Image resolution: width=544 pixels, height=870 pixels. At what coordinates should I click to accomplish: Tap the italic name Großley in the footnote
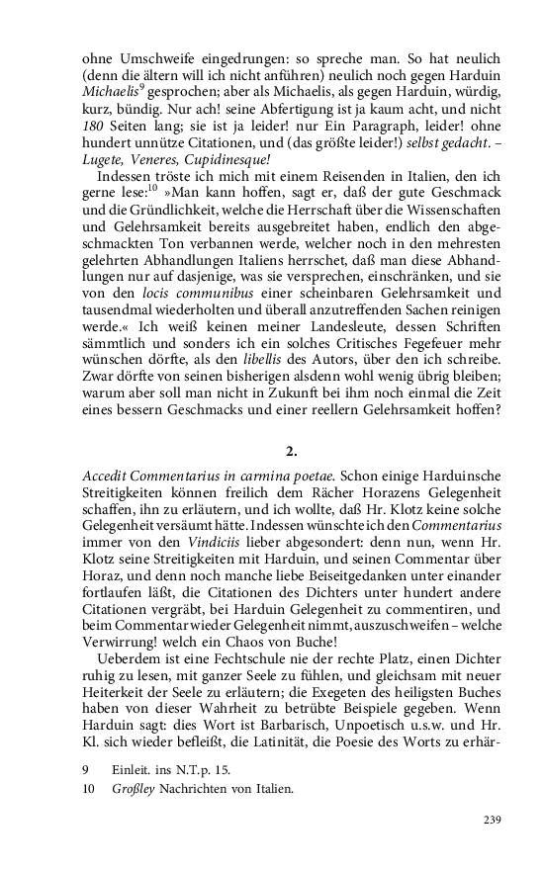click(130, 789)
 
